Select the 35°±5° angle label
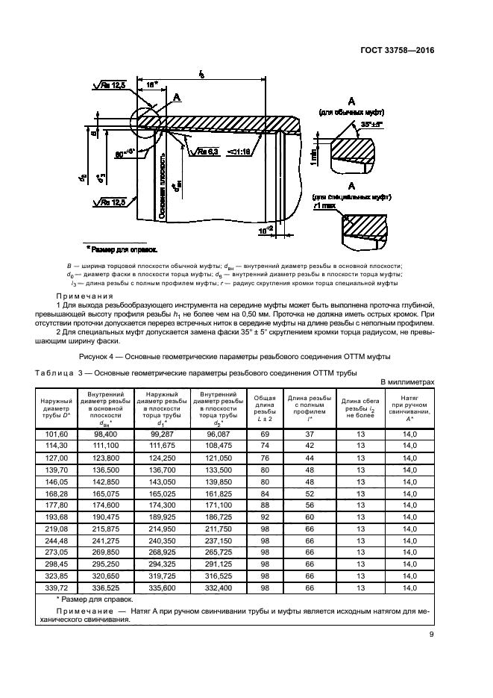(370, 124)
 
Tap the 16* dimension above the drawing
(152, 85)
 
